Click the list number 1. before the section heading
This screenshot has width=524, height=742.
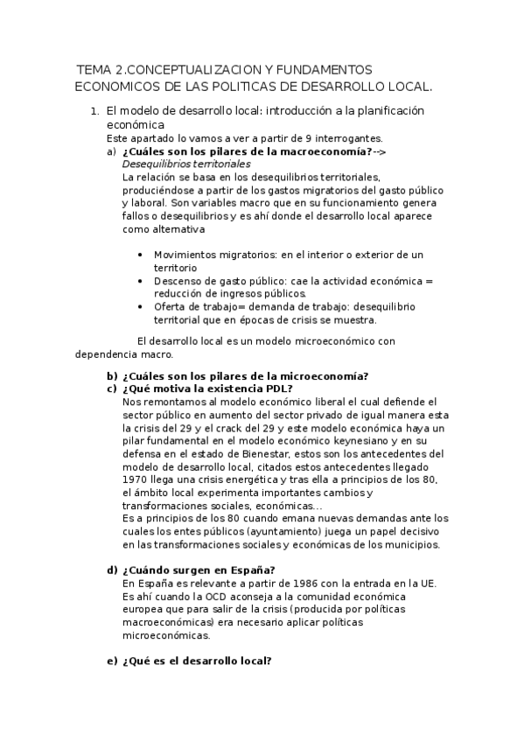(94, 112)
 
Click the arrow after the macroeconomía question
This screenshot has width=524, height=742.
(380, 151)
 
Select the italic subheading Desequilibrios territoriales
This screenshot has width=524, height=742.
(185, 164)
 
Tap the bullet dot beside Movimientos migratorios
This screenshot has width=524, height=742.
(143, 255)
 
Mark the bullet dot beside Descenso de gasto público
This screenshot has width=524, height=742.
(143, 281)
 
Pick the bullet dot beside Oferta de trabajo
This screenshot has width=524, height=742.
(143, 307)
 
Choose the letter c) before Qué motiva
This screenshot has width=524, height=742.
(112, 388)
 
